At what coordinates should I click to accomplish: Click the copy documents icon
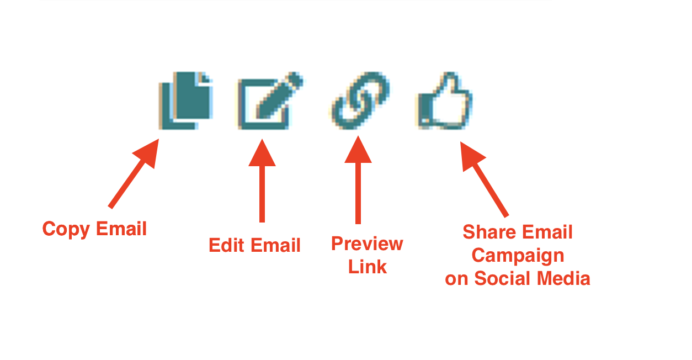pos(186,100)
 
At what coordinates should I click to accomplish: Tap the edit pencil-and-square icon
pos(270,100)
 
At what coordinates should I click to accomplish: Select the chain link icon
pos(360,100)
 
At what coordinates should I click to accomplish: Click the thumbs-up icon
pos(445,100)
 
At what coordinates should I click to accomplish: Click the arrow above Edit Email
pos(262,181)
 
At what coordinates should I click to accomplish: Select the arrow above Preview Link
pos(358,180)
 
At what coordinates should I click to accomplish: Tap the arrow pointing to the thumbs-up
pos(484,179)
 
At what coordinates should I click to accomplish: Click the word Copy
pos(66,229)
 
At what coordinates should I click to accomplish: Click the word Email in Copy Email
pos(121,229)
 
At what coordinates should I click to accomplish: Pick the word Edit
pos(226,245)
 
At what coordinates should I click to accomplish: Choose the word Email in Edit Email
pos(275,245)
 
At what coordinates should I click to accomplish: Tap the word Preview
pos(367,244)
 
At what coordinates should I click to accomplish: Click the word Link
pos(368,267)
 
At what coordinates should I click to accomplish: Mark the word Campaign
pos(518,256)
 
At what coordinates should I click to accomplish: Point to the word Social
pos(502,278)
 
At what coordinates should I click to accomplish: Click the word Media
pos(564,278)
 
